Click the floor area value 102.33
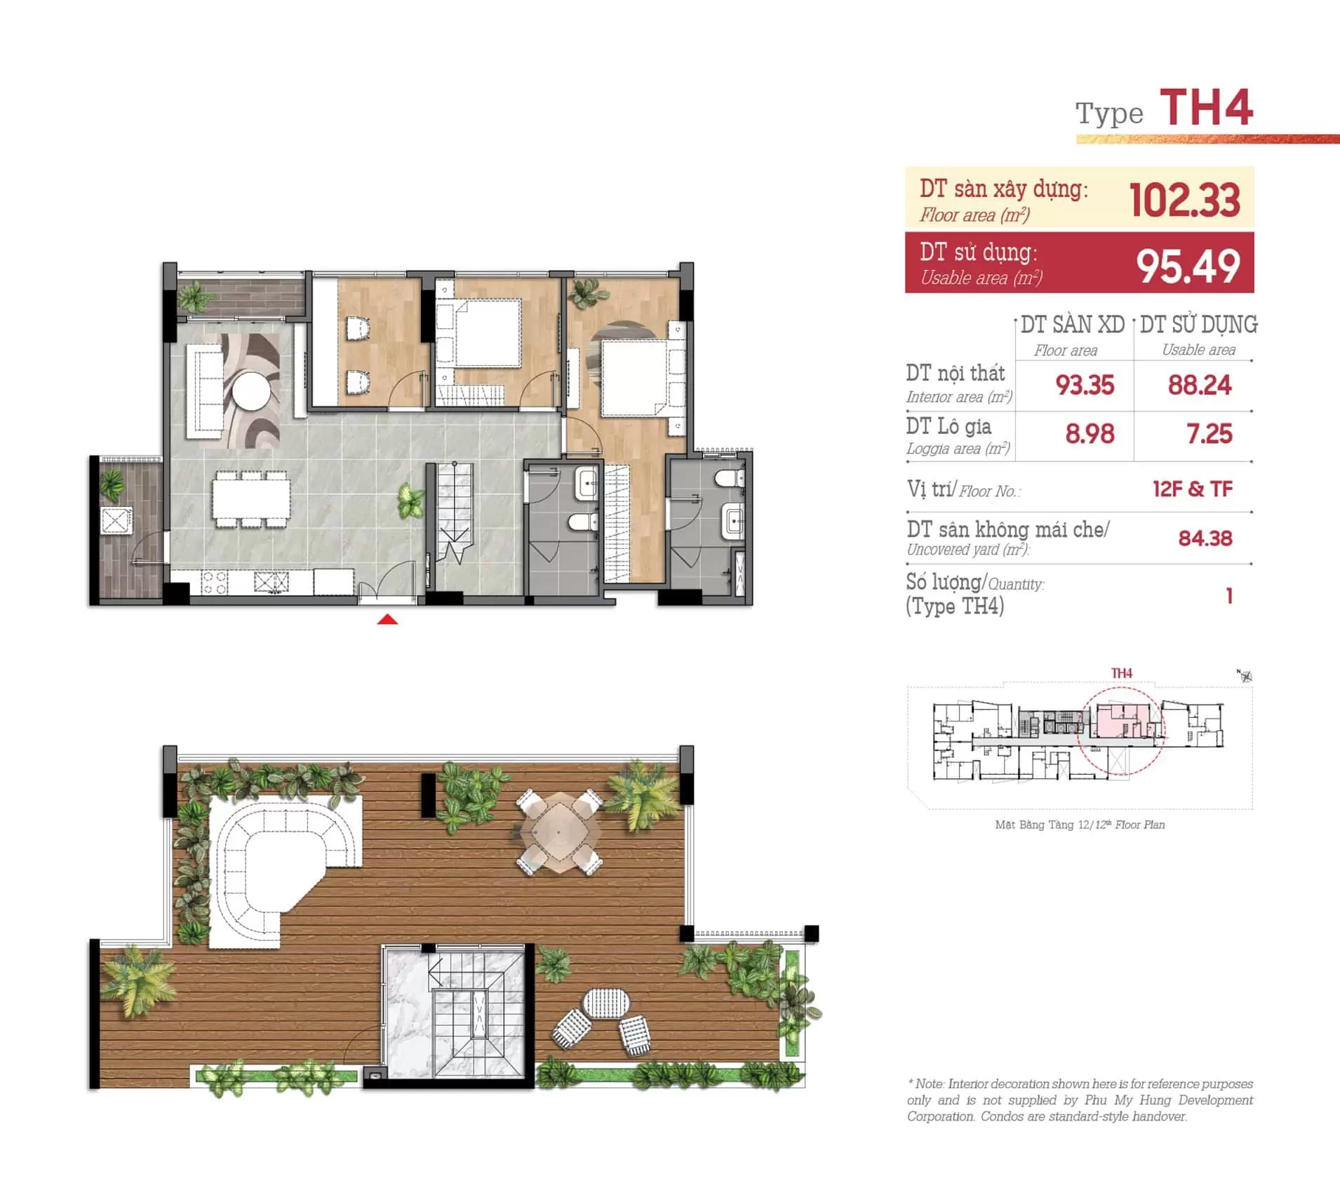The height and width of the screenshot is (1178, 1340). click(x=1184, y=200)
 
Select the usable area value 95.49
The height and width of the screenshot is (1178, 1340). click(x=1188, y=266)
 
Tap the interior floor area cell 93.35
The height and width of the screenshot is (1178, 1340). click(x=1085, y=385)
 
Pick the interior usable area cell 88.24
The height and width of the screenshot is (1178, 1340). click(x=1199, y=385)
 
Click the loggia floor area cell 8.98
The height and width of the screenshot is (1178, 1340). click(x=1090, y=434)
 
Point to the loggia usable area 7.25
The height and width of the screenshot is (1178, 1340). click(x=1209, y=434)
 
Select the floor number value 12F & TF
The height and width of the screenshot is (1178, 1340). click(x=1192, y=489)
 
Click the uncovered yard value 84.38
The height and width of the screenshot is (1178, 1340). click(x=1205, y=539)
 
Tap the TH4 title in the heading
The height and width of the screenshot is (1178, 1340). click(x=1206, y=109)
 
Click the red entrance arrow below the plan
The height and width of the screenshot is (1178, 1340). click(x=387, y=619)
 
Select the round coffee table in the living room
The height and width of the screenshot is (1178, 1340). click(x=251, y=390)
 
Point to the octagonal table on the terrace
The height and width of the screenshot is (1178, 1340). click(x=558, y=832)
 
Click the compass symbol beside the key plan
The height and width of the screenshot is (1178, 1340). click(x=1245, y=676)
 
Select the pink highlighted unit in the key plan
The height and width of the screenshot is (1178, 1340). click(x=1119, y=721)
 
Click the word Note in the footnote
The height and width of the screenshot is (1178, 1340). click(x=929, y=1084)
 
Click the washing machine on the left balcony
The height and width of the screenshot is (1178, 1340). click(x=116, y=520)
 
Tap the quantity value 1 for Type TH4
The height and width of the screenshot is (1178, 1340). click(x=1228, y=595)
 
